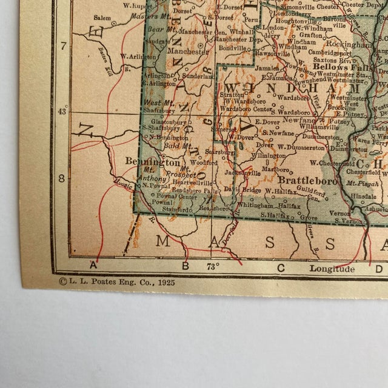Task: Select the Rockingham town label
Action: (347, 45)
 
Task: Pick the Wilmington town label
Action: (267, 156)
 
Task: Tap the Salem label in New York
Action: (102, 18)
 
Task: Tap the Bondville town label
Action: (233, 47)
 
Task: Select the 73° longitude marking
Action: (212, 266)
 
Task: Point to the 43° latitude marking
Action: (62, 112)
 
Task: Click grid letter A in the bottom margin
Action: (93, 265)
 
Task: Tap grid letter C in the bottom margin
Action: (281, 267)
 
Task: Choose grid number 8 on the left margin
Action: (62, 179)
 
